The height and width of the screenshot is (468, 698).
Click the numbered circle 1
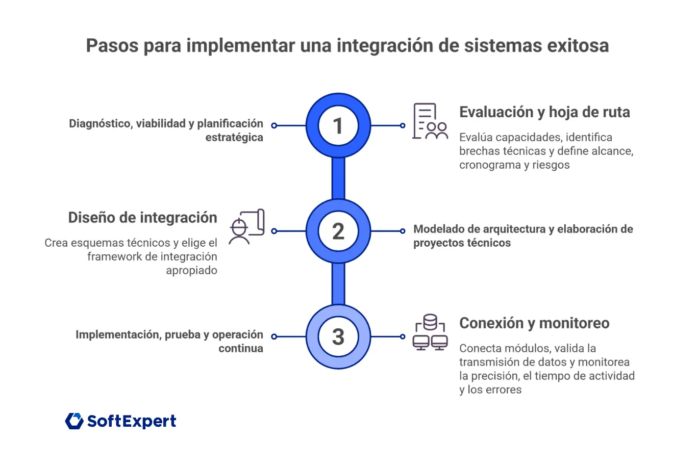[x=338, y=125]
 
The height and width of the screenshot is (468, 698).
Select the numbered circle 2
[x=338, y=231]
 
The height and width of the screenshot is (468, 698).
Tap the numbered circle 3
[x=338, y=336]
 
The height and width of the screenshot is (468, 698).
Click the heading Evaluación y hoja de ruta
[x=544, y=112]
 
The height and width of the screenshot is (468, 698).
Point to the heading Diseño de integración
[x=142, y=218]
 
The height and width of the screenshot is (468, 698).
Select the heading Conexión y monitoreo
[x=534, y=323]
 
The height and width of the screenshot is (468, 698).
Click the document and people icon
[x=430, y=121]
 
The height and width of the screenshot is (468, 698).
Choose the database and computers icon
[x=430, y=332]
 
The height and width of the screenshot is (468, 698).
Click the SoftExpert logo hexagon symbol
[x=74, y=421]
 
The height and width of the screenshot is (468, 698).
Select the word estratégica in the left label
[x=234, y=138]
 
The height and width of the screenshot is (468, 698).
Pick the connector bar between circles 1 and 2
[x=338, y=178]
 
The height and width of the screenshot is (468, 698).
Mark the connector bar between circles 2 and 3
[x=338, y=283]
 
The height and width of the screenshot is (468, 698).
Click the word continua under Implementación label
[x=241, y=349]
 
